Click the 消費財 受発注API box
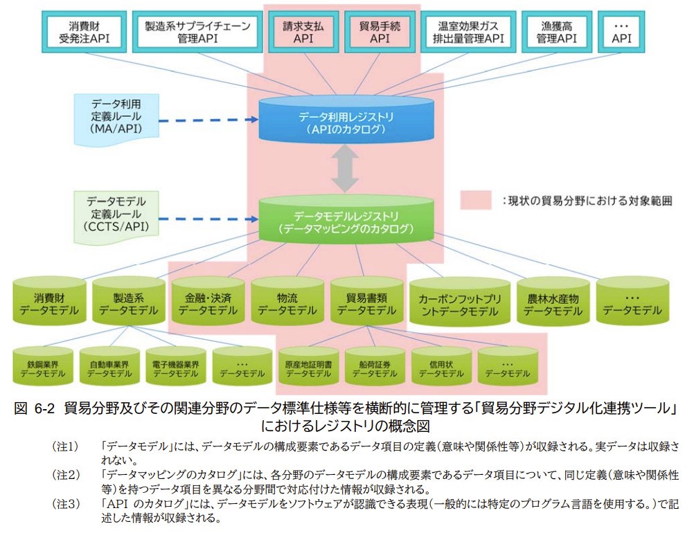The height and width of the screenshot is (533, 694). click(x=84, y=33)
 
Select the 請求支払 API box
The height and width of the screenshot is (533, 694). click(x=303, y=33)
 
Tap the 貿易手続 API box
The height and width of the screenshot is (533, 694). click(x=380, y=33)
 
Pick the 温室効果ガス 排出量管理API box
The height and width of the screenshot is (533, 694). click(x=468, y=33)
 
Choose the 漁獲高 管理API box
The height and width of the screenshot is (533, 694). click(x=556, y=33)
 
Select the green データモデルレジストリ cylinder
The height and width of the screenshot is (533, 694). click(x=346, y=219)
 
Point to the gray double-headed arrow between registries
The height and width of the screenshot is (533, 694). click(x=345, y=168)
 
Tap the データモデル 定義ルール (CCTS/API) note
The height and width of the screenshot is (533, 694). click(x=116, y=217)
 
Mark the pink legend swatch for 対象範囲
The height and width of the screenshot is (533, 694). click(x=475, y=200)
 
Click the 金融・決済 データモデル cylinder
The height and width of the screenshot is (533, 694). click(x=208, y=302)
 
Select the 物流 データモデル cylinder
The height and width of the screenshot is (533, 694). click(x=287, y=302)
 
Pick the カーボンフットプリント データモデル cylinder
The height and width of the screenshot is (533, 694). click(x=460, y=302)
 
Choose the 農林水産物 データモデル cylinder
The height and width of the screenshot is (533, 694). click(x=553, y=302)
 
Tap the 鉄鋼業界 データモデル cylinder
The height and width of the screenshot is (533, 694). click(x=42, y=365)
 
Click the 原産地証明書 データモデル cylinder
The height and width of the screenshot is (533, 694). click(x=308, y=365)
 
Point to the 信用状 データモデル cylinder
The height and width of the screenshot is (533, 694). click(x=441, y=365)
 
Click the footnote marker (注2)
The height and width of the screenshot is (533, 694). click(x=66, y=475)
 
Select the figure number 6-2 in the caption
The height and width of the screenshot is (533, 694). click(x=44, y=408)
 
